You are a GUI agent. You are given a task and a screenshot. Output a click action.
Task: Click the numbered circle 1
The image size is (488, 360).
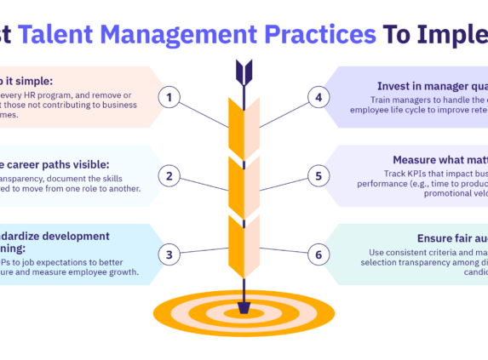tap(169, 98)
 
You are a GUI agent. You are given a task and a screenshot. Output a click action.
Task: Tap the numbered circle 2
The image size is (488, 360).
tap(169, 176)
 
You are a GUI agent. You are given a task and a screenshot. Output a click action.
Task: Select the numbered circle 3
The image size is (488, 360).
tap(169, 254)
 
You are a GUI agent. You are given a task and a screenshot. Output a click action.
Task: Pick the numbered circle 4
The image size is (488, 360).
tap(319, 98)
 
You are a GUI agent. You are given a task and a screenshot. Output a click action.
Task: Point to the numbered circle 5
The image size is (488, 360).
tap(319, 176)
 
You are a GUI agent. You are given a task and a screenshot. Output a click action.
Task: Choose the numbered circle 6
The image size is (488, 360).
tap(319, 254)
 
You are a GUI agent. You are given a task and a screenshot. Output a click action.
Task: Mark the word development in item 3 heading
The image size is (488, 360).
tap(77, 236)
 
